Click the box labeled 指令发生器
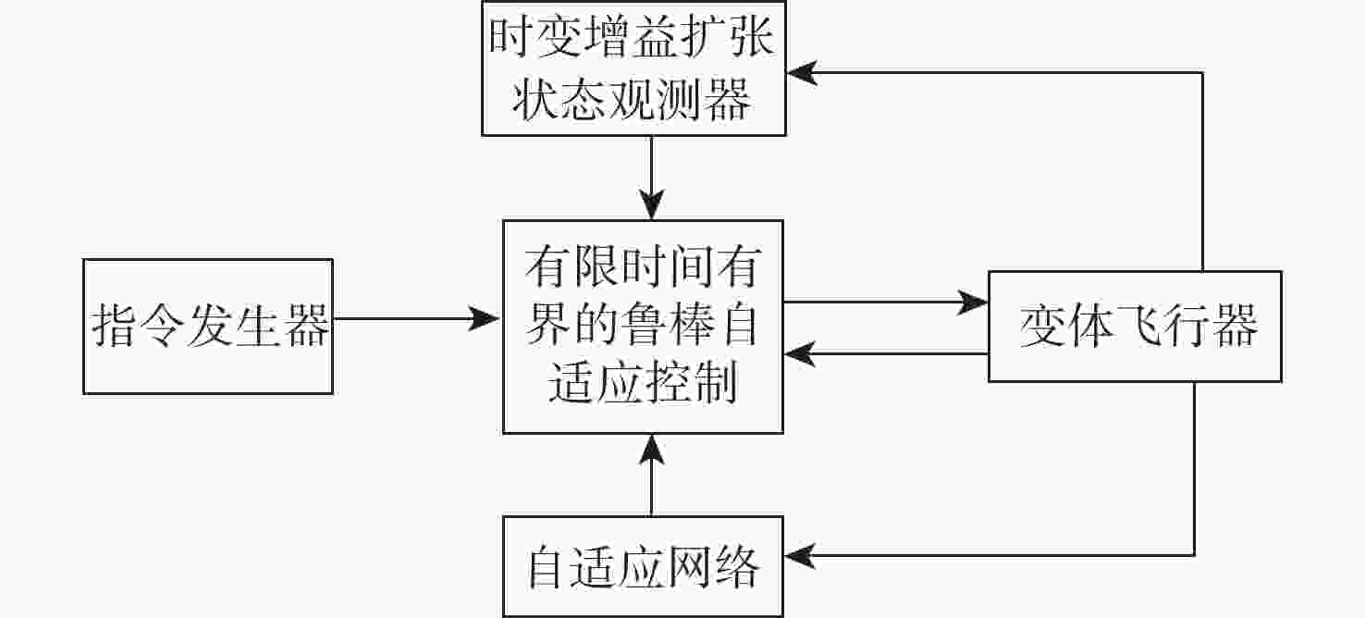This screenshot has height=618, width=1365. point(207,326)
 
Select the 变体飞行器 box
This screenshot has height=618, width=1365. point(1135,326)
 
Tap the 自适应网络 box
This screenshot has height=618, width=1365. point(643,566)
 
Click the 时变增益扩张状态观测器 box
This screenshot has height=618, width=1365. point(633,70)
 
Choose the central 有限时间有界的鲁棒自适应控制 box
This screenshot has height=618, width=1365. point(643,326)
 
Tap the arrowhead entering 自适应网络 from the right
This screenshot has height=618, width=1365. point(799,555)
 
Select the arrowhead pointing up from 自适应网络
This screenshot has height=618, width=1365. point(652,449)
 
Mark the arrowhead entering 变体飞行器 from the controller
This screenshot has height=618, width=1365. point(974,302)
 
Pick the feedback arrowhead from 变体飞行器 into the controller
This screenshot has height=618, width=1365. point(798,353)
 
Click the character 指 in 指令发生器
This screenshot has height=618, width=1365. point(116,327)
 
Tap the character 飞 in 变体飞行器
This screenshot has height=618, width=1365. point(1139,327)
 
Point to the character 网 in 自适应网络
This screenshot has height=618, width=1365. point(689,567)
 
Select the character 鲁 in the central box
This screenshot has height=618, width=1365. point(643,327)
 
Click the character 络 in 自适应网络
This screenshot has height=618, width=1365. point(736,567)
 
